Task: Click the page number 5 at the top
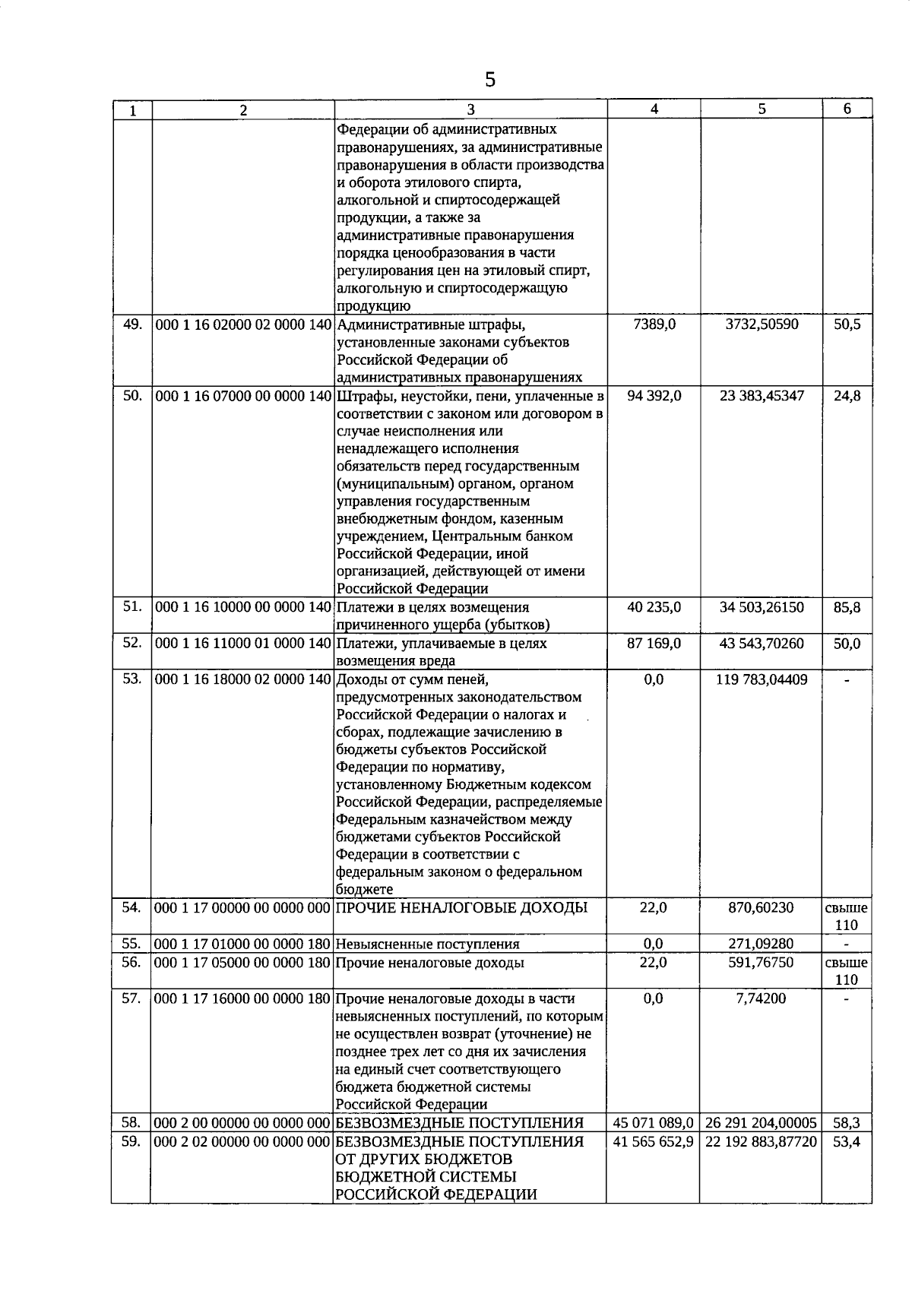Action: coord(490,79)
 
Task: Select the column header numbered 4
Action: coord(654,109)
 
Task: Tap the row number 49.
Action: coord(132,324)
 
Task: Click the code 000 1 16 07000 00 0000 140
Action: coord(243,396)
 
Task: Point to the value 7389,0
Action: coord(654,324)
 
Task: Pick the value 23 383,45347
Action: coord(761,396)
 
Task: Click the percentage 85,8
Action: coord(847,607)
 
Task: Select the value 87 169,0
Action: coord(654,643)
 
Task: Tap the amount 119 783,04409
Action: coord(761,679)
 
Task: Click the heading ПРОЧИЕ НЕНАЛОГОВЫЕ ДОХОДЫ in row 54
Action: coord(461,907)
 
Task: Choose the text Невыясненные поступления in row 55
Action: coord(428,944)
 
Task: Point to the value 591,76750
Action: coord(761,962)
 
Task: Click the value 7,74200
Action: coord(761,998)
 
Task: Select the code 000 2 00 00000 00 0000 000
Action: coord(242,1122)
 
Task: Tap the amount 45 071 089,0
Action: coord(654,1122)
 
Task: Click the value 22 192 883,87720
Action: coord(761,1141)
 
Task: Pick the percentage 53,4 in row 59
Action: coord(847,1141)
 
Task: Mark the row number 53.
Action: coord(132,678)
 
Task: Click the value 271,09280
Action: coord(761,944)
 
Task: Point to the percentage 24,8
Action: coord(847,396)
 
